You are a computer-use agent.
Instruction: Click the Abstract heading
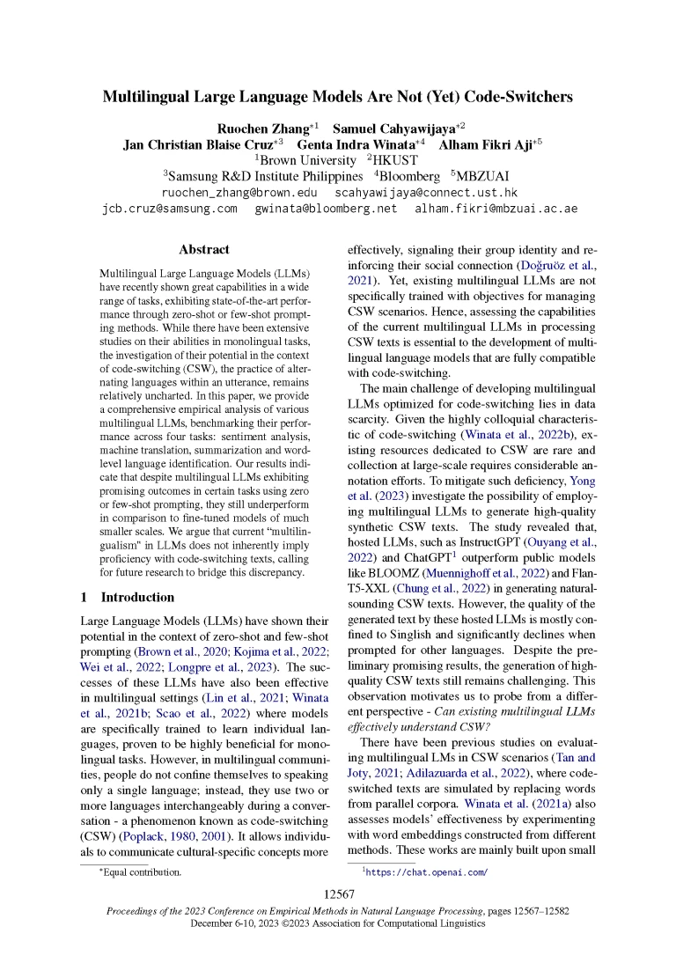204,249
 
